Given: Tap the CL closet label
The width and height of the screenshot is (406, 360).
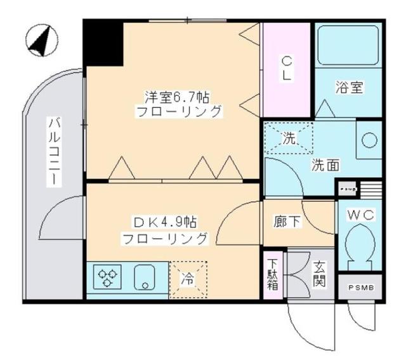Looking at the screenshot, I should (287, 68).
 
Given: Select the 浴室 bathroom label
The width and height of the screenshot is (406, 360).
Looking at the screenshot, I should (349, 88).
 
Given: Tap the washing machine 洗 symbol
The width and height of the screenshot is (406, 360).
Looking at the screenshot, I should (288, 138).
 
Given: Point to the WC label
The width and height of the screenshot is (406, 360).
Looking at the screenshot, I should (360, 215).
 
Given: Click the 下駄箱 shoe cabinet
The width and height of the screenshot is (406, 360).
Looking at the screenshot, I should (272, 274).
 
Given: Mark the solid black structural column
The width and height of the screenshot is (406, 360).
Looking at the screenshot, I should (104, 43).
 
